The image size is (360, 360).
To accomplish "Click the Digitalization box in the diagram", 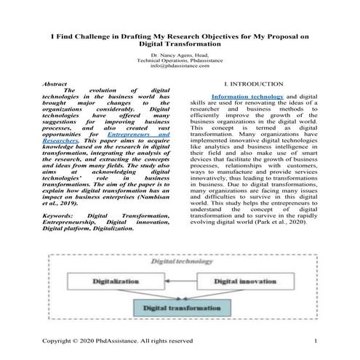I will pos(110,279).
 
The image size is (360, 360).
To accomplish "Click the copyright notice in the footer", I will pos(117,341).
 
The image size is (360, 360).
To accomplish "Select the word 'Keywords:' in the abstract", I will pos(58,216).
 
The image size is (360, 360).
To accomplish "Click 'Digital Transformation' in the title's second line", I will pos(180,43).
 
